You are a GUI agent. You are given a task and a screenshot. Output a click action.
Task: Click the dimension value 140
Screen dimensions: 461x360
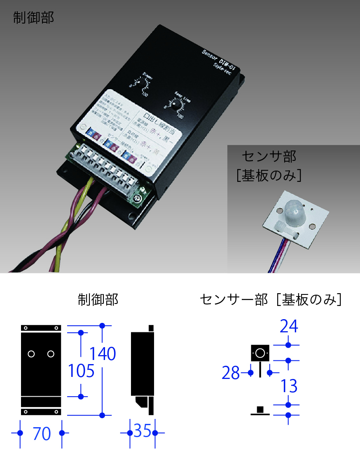click(103, 353)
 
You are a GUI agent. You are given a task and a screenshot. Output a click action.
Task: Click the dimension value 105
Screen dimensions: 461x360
click(81, 371)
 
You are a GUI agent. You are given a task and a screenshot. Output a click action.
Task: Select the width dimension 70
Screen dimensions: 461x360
click(42, 434)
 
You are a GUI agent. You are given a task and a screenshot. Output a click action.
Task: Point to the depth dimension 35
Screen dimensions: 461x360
click(143, 432)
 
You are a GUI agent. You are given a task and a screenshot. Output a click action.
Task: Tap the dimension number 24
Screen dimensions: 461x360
click(289, 327)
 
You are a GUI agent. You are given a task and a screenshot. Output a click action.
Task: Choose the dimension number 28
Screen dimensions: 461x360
click(231, 373)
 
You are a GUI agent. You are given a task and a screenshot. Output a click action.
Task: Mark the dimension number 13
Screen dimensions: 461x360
click(289, 386)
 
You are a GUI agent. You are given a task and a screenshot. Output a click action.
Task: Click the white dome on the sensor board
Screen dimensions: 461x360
click(293, 212)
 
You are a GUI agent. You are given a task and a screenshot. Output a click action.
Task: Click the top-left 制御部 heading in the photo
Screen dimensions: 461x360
click(33, 18)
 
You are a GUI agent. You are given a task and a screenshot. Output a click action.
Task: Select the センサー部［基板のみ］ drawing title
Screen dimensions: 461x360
click(271, 299)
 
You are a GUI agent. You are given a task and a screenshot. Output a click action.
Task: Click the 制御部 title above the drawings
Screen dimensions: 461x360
click(98, 299)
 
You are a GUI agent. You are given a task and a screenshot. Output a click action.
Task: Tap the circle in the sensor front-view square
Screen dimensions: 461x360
click(260, 353)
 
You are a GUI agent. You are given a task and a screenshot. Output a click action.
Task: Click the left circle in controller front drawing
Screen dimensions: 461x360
click(31, 354)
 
